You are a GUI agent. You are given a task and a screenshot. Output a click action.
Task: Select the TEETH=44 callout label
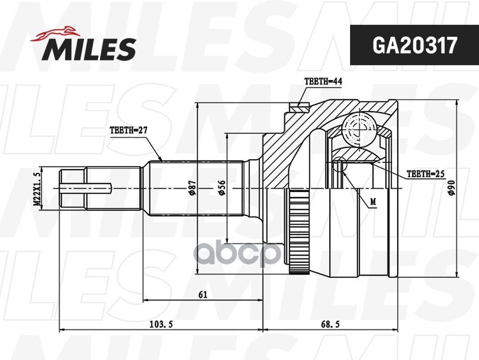tap(323, 81)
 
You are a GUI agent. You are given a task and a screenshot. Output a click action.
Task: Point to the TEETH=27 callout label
tap(129, 130)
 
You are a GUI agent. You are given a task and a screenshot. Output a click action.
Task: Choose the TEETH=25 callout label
tap(425, 173)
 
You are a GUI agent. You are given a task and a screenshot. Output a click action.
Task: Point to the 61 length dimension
tap(203, 295)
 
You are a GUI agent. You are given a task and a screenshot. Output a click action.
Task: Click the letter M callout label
tap(373, 201)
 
